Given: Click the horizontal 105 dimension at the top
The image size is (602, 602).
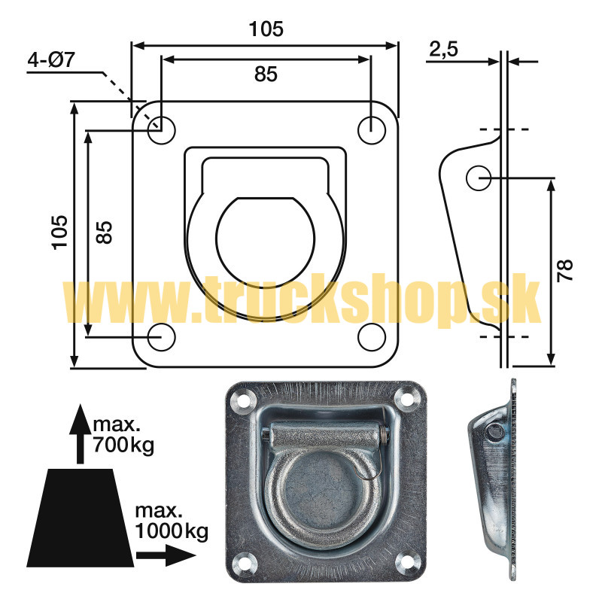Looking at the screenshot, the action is (266, 29).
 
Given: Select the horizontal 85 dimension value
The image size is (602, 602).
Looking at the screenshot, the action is (266, 74).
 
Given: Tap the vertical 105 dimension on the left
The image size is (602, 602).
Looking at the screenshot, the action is (60, 233).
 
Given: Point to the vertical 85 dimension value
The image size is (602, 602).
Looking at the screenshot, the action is (104, 233).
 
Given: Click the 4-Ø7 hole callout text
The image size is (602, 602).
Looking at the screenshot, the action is (51, 60).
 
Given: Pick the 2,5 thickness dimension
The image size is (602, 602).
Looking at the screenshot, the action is (443, 49).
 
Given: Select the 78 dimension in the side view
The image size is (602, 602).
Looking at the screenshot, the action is (565, 271).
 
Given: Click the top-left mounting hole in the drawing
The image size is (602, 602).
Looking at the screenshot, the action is (161, 130).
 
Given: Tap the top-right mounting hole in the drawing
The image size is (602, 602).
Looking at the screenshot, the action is (371, 130).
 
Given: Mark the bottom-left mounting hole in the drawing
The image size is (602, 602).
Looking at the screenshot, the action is (161, 337).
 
